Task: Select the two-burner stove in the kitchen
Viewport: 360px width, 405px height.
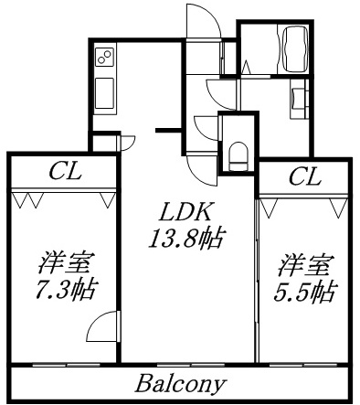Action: point(104,59)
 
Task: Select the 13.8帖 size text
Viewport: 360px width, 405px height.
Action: point(187,240)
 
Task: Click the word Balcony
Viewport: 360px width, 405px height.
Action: point(182,381)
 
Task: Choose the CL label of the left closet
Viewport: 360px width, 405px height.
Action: point(64,170)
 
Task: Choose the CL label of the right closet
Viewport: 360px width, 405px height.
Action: point(304,176)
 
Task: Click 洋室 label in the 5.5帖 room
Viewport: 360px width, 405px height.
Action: point(304,266)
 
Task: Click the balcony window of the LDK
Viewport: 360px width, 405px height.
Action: point(186,365)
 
